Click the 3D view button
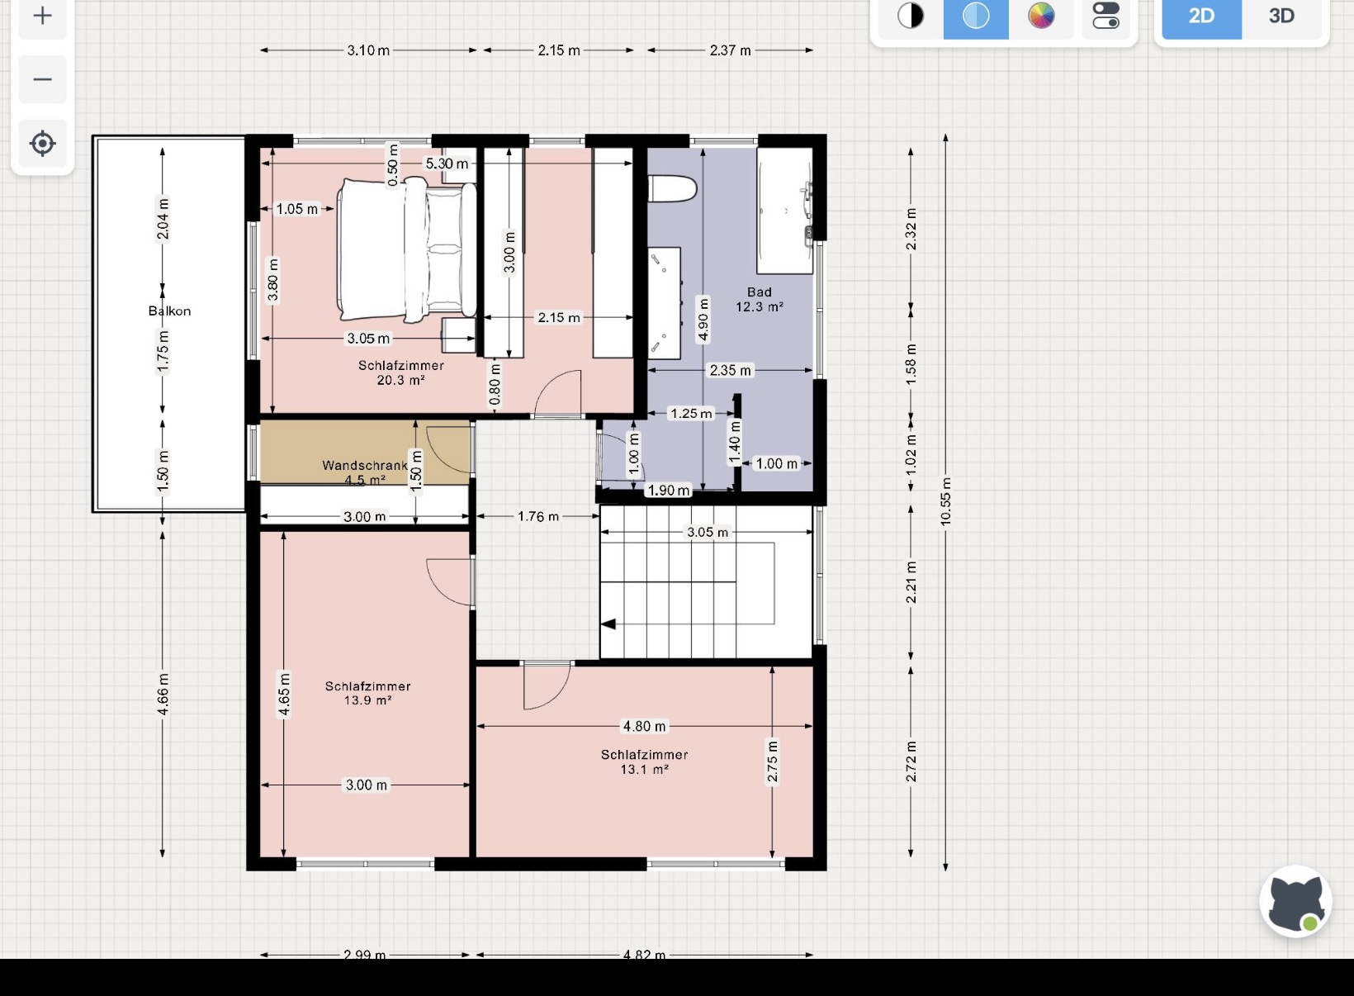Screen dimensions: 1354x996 [x=1281, y=16]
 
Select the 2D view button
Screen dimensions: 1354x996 [x=1202, y=16]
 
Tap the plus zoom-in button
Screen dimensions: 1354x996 [x=42, y=16]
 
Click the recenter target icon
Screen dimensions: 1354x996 [x=42, y=144]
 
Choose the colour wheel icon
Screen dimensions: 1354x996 [x=1041, y=16]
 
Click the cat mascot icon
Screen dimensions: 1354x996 [x=1296, y=902]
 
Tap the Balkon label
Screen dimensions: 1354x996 [x=169, y=311]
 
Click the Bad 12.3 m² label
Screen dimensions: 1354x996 [x=760, y=299]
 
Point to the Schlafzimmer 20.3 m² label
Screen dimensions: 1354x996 [x=400, y=372]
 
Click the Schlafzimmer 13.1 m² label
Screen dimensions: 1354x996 [x=644, y=761]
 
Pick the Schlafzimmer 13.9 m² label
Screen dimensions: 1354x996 [x=367, y=693]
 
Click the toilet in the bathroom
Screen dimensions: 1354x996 [x=672, y=188]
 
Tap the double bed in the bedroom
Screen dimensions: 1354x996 [x=406, y=249]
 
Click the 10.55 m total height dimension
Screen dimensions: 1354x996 [x=945, y=501]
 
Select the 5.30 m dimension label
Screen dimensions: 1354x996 [x=447, y=164]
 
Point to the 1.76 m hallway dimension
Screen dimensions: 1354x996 [x=538, y=516]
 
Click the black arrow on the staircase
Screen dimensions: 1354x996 [x=608, y=624]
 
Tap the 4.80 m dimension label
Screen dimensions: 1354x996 [x=644, y=726]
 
